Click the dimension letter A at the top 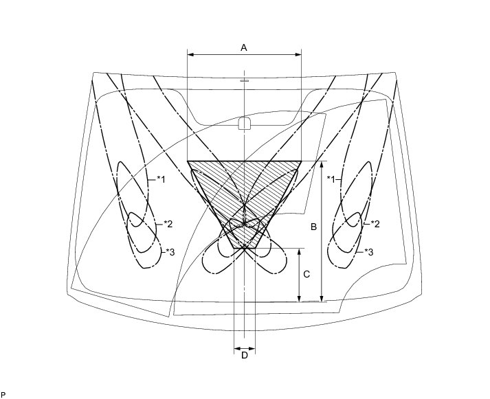(x=244, y=47)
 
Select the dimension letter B (x=313, y=227)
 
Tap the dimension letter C (x=307, y=274)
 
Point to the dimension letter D (x=244, y=355)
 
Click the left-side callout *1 (x=161, y=179)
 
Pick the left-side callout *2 (x=168, y=224)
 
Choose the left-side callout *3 (x=170, y=252)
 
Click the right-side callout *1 (x=331, y=179)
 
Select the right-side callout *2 (x=375, y=224)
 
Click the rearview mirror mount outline (x=244, y=124)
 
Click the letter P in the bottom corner (x=3, y=394)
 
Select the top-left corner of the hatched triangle (x=188, y=161)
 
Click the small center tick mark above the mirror (x=244, y=80)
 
